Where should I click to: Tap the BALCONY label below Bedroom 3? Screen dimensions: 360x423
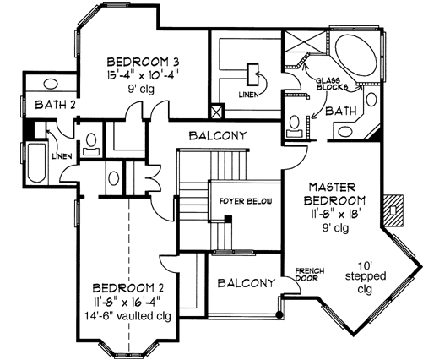tap(218, 135)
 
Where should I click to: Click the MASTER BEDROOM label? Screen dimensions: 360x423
tap(335, 194)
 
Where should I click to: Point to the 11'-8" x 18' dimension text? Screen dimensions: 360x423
tap(335, 215)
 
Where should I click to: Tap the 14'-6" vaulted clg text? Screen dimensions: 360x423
tap(128, 314)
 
